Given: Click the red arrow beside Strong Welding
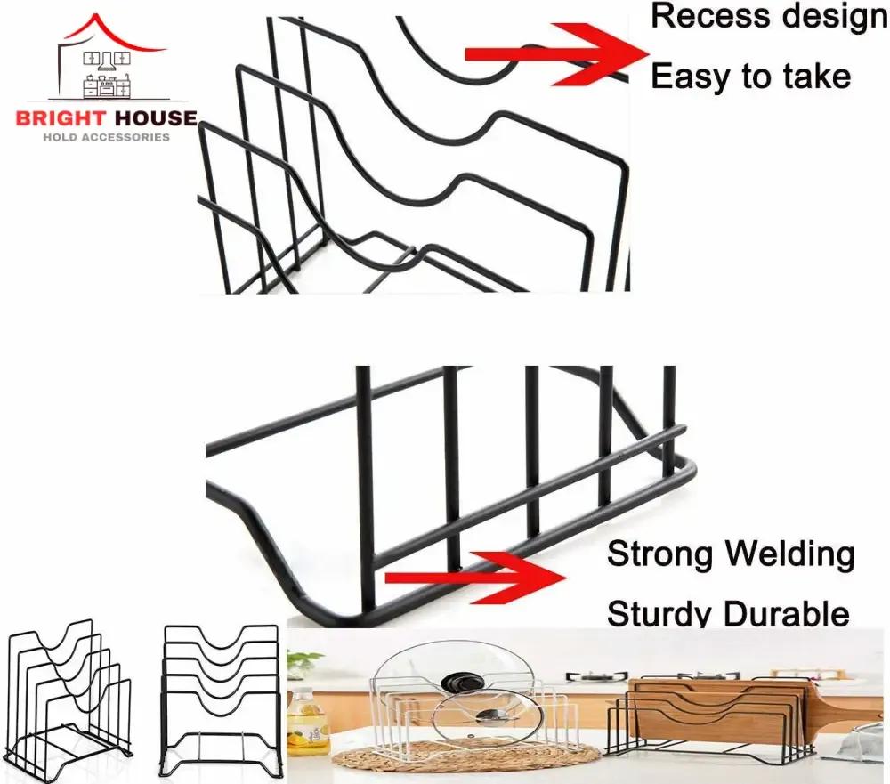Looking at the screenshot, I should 481,577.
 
